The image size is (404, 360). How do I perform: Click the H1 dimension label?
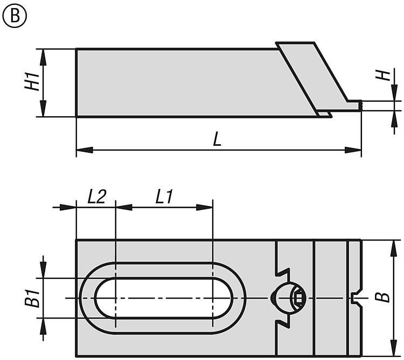pos(32,81)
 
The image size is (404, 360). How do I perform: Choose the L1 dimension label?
pos(164,196)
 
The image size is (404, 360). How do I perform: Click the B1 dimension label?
pos(32,298)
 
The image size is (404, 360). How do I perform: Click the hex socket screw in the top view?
pos(298,299)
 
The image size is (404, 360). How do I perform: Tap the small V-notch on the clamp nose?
pos(354,298)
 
